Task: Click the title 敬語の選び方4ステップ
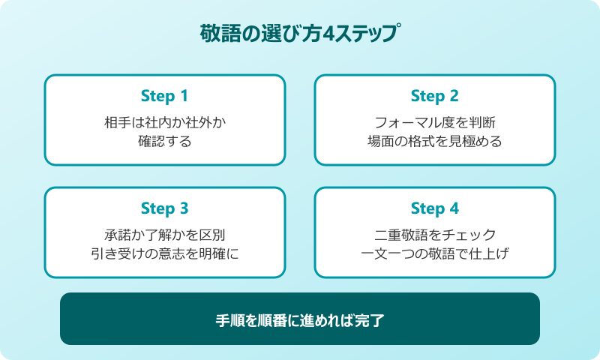pyautogui.click(x=300, y=34)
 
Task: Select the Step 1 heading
pyautogui.click(x=164, y=96)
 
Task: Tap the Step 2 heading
pyautogui.click(x=434, y=96)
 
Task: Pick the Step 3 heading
pyautogui.click(x=164, y=208)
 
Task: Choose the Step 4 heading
pyautogui.click(x=434, y=208)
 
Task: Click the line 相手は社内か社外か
pyautogui.click(x=164, y=121)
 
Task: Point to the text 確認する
pyautogui.click(x=164, y=140)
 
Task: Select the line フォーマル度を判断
pyautogui.click(x=434, y=121)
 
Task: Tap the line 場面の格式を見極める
pyautogui.click(x=434, y=140)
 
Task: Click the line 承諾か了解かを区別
pyautogui.click(x=164, y=234)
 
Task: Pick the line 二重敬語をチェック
pyautogui.click(x=434, y=234)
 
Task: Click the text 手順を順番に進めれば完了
pyautogui.click(x=300, y=319)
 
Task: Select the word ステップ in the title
pyautogui.click(x=367, y=34)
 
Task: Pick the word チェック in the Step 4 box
pyautogui.click(x=472, y=234)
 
